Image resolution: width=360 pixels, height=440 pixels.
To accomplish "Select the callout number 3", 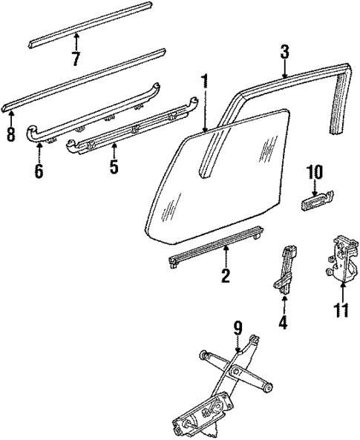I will (284, 52).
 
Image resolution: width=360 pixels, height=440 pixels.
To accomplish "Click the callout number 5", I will (114, 165).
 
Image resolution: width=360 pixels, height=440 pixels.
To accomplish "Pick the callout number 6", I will (39, 171).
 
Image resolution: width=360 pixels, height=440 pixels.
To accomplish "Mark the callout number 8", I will (10, 135).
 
